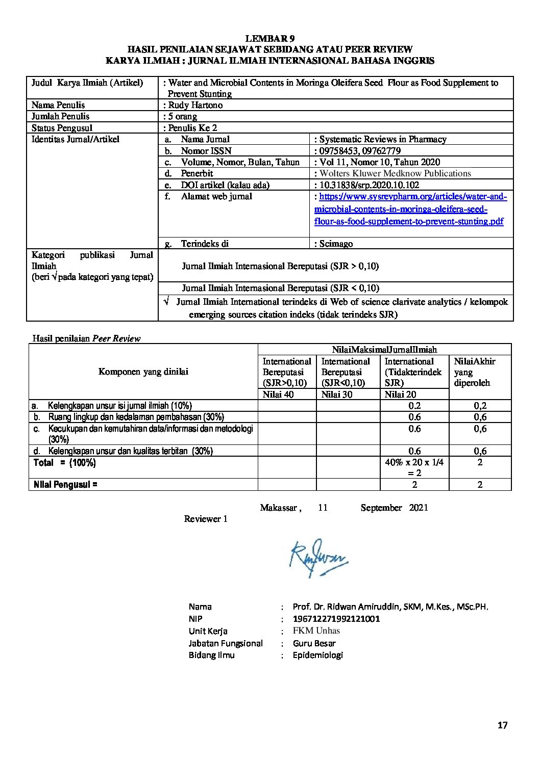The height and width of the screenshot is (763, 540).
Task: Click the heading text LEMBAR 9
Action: [x=270, y=38]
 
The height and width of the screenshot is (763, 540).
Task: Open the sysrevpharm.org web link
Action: [x=410, y=209]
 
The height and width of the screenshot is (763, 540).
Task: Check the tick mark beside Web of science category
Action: [x=166, y=302]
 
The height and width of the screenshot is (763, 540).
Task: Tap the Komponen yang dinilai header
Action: [x=143, y=372]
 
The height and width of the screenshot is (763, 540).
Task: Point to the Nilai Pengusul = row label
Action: [x=65, y=485]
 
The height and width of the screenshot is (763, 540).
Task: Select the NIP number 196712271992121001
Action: [x=336, y=619]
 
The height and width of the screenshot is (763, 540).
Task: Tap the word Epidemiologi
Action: [x=317, y=655]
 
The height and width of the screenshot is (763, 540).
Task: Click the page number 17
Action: [x=503, y=726]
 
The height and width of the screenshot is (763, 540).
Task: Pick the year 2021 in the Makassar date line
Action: [x=419, y=508]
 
